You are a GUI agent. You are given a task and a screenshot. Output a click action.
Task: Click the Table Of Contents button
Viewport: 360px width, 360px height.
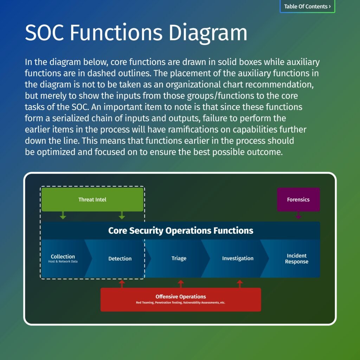coord(307,6)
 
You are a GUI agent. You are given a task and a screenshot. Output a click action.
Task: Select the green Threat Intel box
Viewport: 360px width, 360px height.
coord(92,199)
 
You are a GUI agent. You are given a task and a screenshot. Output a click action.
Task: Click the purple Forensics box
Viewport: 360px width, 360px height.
coord(298,199)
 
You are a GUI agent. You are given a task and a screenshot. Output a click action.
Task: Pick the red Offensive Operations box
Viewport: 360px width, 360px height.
coord(181,299)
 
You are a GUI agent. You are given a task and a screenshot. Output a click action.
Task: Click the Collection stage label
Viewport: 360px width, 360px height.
coord(63,257)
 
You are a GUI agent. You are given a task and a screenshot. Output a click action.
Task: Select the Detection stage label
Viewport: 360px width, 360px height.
coord(120,258)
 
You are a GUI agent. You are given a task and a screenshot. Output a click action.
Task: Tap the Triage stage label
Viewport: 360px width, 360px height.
coord(179,258)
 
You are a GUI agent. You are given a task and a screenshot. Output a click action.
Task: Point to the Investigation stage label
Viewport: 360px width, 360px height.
coord(238,258)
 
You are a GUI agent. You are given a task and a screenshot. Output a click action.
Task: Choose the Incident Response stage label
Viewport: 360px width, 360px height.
coord(297,258)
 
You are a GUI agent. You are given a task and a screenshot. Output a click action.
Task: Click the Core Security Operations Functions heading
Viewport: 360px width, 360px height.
coord(181,231)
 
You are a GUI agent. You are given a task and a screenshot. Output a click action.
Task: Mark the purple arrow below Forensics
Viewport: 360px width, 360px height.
coord(298,215)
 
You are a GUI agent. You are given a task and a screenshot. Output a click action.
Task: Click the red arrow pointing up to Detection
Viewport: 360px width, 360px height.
coord(122,284)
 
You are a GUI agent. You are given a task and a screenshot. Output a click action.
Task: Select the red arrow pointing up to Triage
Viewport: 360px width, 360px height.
coord(181,284)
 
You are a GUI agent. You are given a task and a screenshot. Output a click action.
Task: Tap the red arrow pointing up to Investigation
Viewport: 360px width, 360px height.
coord(240,284)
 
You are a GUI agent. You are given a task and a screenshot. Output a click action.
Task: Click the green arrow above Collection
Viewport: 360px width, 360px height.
coord(63,215)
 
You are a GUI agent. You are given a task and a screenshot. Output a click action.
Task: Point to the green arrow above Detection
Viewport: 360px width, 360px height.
coord(122,215)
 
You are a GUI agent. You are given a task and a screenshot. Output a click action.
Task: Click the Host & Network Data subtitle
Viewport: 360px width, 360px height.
coord(63,262)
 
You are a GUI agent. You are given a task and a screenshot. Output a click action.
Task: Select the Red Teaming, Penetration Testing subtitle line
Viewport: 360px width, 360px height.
coord(181,302)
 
